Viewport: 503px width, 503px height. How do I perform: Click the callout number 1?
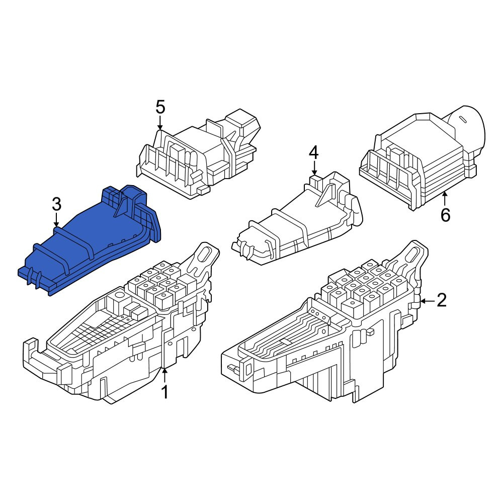(165, 392)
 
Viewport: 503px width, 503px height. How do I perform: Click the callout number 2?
(442, 301)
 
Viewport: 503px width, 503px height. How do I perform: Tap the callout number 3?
(56, 204)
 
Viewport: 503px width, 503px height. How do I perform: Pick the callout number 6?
(445, 215)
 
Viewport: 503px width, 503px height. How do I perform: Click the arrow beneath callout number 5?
(160, 123)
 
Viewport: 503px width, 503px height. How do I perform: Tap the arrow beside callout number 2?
(428, 301)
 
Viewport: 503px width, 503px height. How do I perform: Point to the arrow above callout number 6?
(445, 198)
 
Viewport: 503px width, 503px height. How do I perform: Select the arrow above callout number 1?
(164, 375)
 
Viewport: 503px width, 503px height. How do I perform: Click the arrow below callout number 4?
(314, 169)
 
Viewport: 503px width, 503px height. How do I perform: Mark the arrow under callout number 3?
(56, 220)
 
